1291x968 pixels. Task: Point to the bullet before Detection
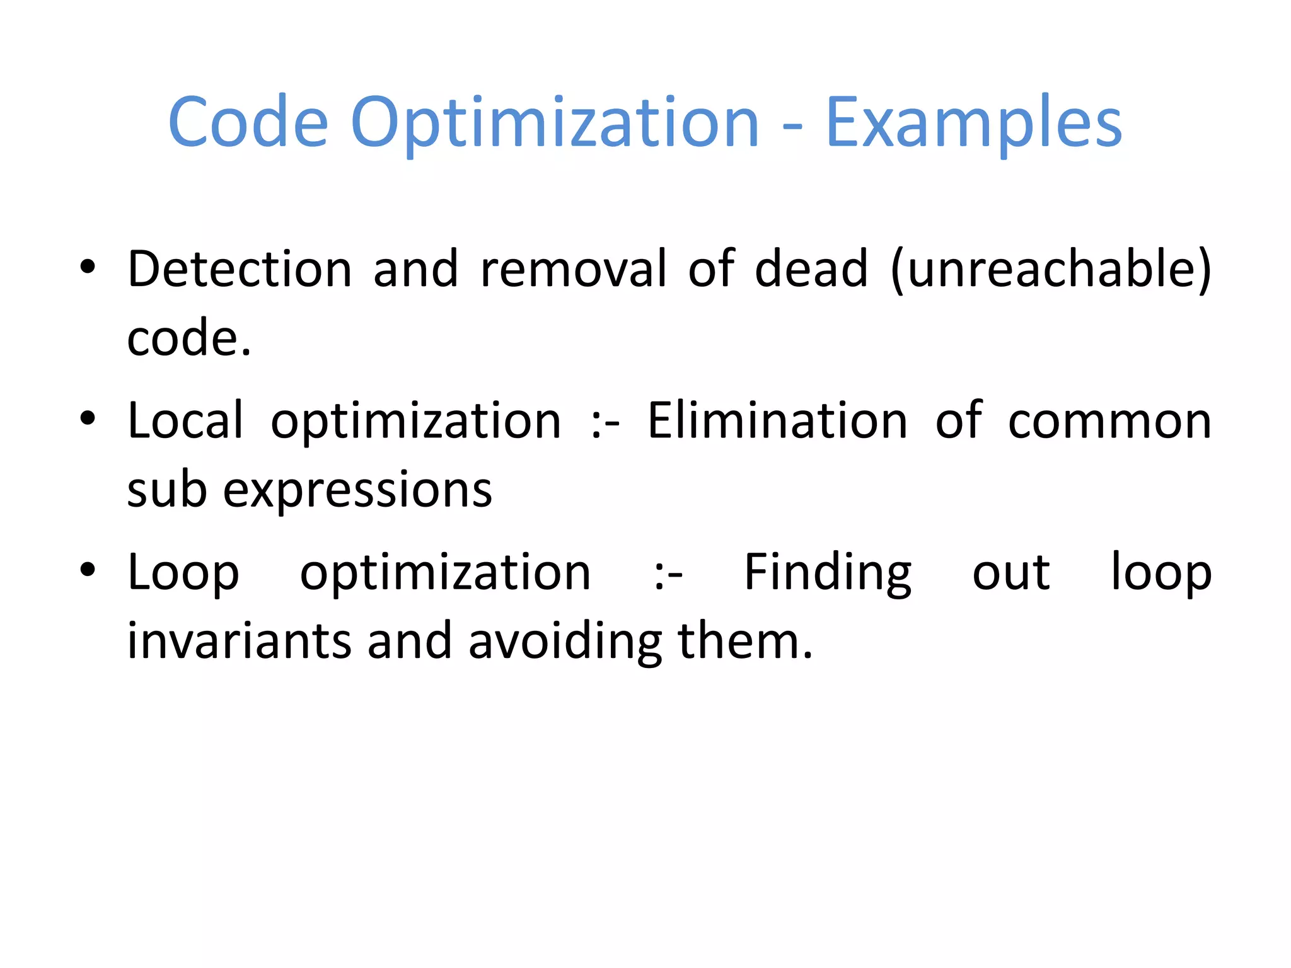pyautogui.click(x=88, y=267)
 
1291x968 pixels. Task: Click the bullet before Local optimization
pyautogui.click(x=88, y=418)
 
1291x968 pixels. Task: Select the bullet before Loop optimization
pyautogui.click(x=88, y=570)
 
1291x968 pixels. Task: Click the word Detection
pyautogui.click(x=240, y=269)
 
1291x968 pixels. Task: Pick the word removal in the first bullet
pyautogui.click(x=573, y=269)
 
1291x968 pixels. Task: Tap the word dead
pyautogui.click(x=811, y=269)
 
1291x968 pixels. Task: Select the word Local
pyautogui.click(x=185, y=420)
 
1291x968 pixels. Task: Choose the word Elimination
pyautogui.click(x=778, y=420)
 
